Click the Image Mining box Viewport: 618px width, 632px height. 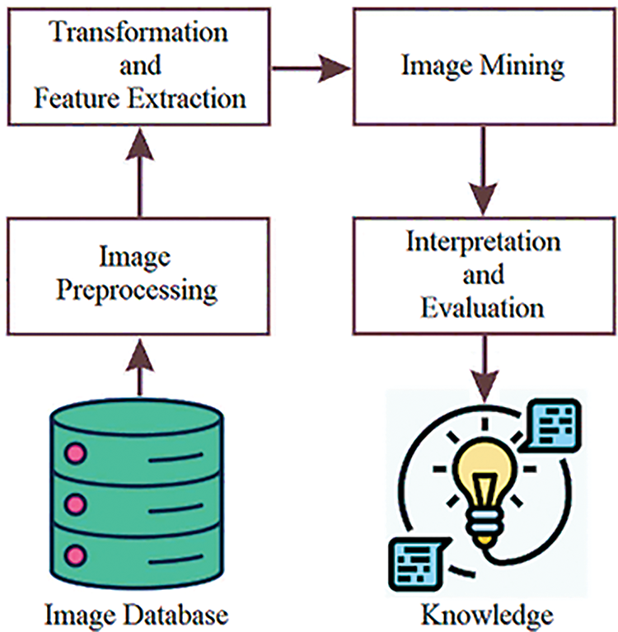[x=482, y=67]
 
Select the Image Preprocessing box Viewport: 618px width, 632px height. [x=139, y=274]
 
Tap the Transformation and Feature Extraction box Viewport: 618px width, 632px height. [x=139, y=67]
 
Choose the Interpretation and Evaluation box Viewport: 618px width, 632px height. [x=482, y=274]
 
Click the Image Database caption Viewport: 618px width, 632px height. [x=136, y=614]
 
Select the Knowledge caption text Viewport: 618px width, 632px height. [x=487, y=614]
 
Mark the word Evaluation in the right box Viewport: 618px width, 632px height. [x=482, y=307]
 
